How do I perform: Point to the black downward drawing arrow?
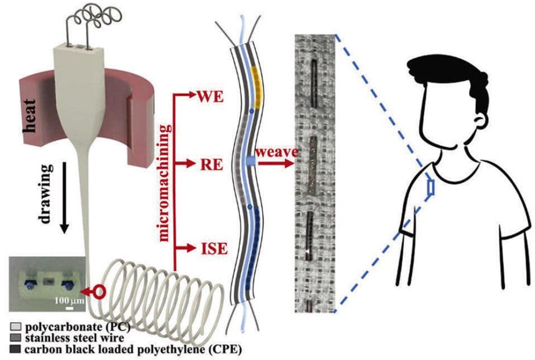pyautogui.click(x=64, y=193)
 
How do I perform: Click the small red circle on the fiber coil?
pyautogui.click(x=100, y=293)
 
